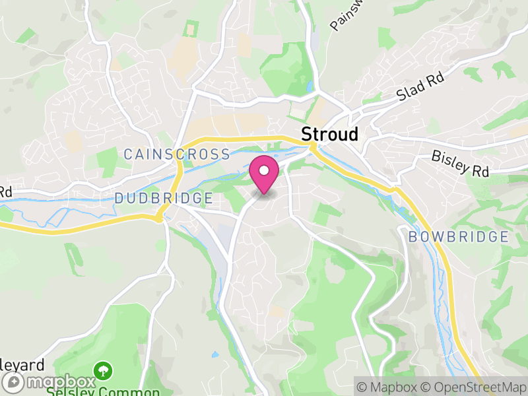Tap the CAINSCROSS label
tap(177, 154)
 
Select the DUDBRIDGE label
tap(164, 198)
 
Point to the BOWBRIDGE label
tap(458, 236)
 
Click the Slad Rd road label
tap(420, 86)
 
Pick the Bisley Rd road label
tap(460, 163)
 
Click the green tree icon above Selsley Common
tap(102, 370)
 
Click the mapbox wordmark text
tap(60, 382)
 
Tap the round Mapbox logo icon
tap(15, 382)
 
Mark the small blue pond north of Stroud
tap(309, 86)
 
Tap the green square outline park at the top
tap(191, 29)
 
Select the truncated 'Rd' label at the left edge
tap(5, 192)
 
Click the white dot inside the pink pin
tap(265, 171)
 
